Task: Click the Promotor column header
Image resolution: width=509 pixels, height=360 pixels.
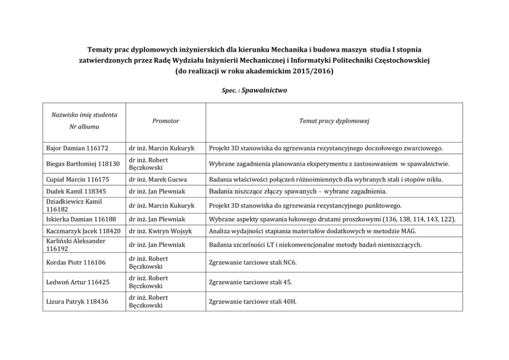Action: coord(166,121)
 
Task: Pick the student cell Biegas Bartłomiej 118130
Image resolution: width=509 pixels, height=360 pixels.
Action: coord(82,164)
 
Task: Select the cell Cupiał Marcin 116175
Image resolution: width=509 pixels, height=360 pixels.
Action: coord(76,179)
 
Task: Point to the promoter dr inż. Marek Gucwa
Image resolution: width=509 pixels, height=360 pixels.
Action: coord(159,179)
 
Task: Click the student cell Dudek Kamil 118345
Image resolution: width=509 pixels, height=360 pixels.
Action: coord(74,192)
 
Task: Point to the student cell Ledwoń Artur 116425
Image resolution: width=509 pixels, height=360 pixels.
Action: coord(76,282)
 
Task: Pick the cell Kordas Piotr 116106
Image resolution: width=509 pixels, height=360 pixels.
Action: coord(74,263)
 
